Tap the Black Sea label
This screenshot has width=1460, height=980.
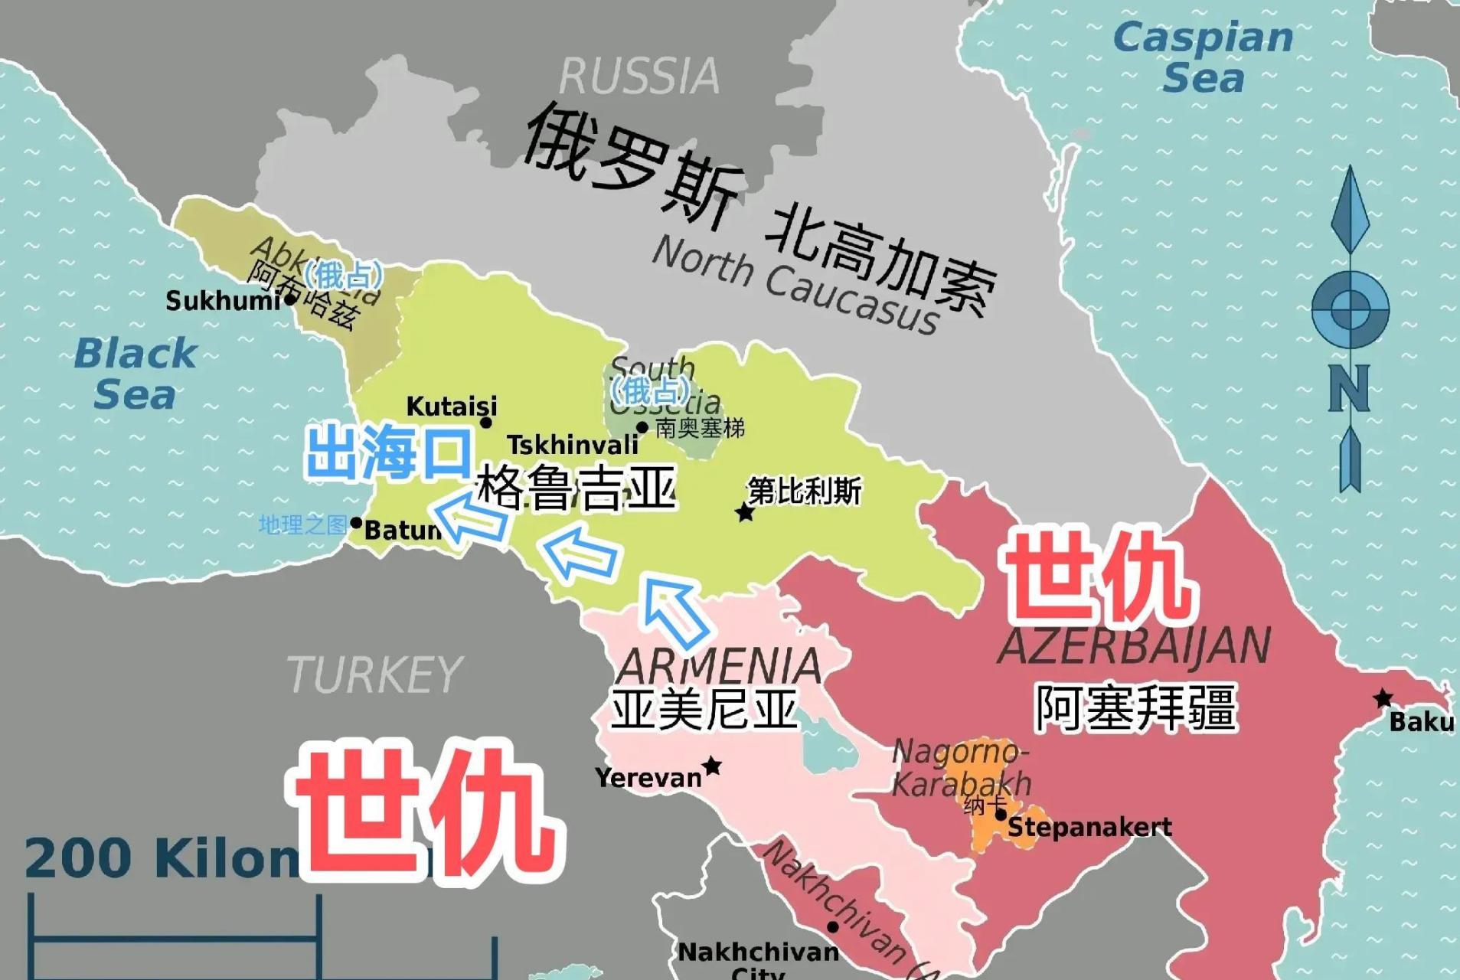[x=136, y=374]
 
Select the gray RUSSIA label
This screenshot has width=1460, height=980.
[x=639, y=76]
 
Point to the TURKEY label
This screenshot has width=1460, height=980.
[x=374, y=675]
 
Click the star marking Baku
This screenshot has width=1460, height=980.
[x=1383, y=698]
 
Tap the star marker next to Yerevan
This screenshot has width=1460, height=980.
[x=712, y=765]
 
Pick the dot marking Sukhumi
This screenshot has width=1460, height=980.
[x=290, y=299]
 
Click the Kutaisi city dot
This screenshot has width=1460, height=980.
[x=485, y=423]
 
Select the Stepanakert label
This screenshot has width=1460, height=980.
[x=1089, y=827]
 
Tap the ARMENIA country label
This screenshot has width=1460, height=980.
[x=718, y=666]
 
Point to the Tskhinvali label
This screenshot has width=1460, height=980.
[x=573, y=444]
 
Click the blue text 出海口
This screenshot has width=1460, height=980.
[x=388, y=453]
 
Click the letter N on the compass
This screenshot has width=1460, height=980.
[x=1349, y=388]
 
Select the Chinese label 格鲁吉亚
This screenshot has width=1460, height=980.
[x=576, y=488]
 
